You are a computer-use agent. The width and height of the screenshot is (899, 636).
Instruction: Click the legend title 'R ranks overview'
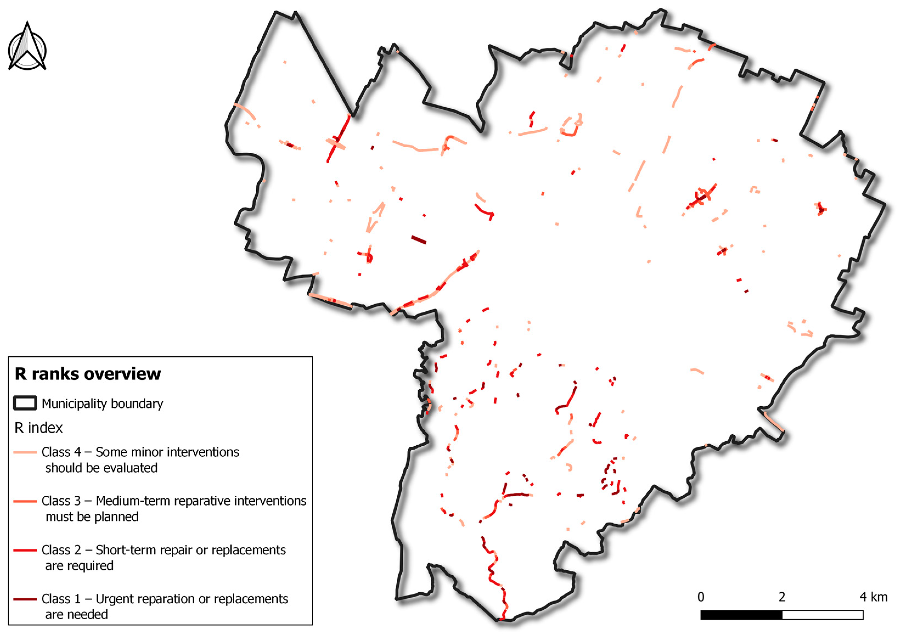point(88,374)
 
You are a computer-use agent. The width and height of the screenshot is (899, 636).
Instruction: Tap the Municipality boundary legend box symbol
point(25,403)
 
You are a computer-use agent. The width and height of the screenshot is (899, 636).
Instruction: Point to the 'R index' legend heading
point(38,428)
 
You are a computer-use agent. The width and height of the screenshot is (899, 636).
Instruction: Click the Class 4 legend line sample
point(25,452)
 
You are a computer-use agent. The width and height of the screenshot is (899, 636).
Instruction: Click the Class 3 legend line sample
point(25,501)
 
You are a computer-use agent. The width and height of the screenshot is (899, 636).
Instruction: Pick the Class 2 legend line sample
point(25,550)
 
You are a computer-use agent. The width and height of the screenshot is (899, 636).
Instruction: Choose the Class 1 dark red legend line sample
point(25,599)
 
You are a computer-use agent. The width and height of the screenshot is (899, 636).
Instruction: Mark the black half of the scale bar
point(741,615)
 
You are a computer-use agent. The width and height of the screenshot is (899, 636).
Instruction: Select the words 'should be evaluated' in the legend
point(102,468)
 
